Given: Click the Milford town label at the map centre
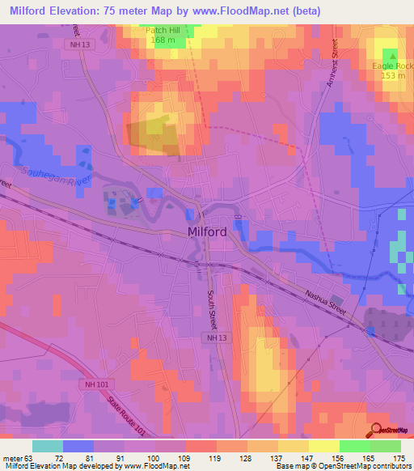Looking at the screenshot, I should pos(206,232).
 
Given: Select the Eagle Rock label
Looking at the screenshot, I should pos(391,66).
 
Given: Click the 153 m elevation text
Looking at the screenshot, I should pos(393,75).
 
